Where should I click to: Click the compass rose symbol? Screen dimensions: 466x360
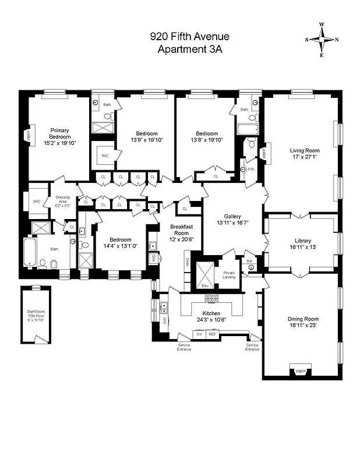click(x=322, y=40)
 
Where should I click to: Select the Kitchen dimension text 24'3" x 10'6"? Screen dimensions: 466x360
click(x=212, y=319)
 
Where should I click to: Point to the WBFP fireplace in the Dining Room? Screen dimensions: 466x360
click(x=300, y=371)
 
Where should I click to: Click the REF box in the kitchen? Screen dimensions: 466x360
click(x=213, y=334)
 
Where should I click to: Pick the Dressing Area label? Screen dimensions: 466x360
click(x=63, y=202)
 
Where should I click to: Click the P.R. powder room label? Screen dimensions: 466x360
click(x=251, y=170)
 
